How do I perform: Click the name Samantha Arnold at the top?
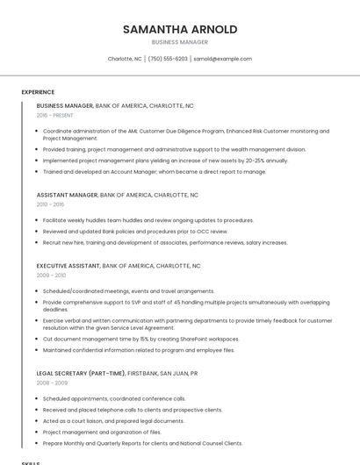(x=180, y=29)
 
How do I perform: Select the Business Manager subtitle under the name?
(x=180, y=42)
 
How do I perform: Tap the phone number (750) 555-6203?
(x=168, y=59)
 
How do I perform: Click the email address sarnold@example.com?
(x=222, y=59)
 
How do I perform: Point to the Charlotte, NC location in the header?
(x=125, y=59)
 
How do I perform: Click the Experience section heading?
(x=38, y=92)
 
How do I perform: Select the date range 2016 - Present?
(x=54, y=115)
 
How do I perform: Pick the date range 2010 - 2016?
(x=51, y=204)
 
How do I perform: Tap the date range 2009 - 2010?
(x=51, y=275)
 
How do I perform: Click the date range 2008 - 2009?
(x=51, y=383)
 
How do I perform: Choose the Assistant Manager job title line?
(x=118, y=195)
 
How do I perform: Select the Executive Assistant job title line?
(x=119, y=266)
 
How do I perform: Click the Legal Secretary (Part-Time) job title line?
(x=117, y=373)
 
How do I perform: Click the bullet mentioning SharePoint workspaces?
(x=140, y=339)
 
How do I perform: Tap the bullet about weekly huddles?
(x=148, y=220)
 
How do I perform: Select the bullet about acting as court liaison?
(x=113, y=421)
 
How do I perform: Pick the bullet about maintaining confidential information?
(x=138, y=350)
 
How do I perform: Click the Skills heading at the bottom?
(x=31, y=461)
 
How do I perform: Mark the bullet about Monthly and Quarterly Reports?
(x=142, y=443)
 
